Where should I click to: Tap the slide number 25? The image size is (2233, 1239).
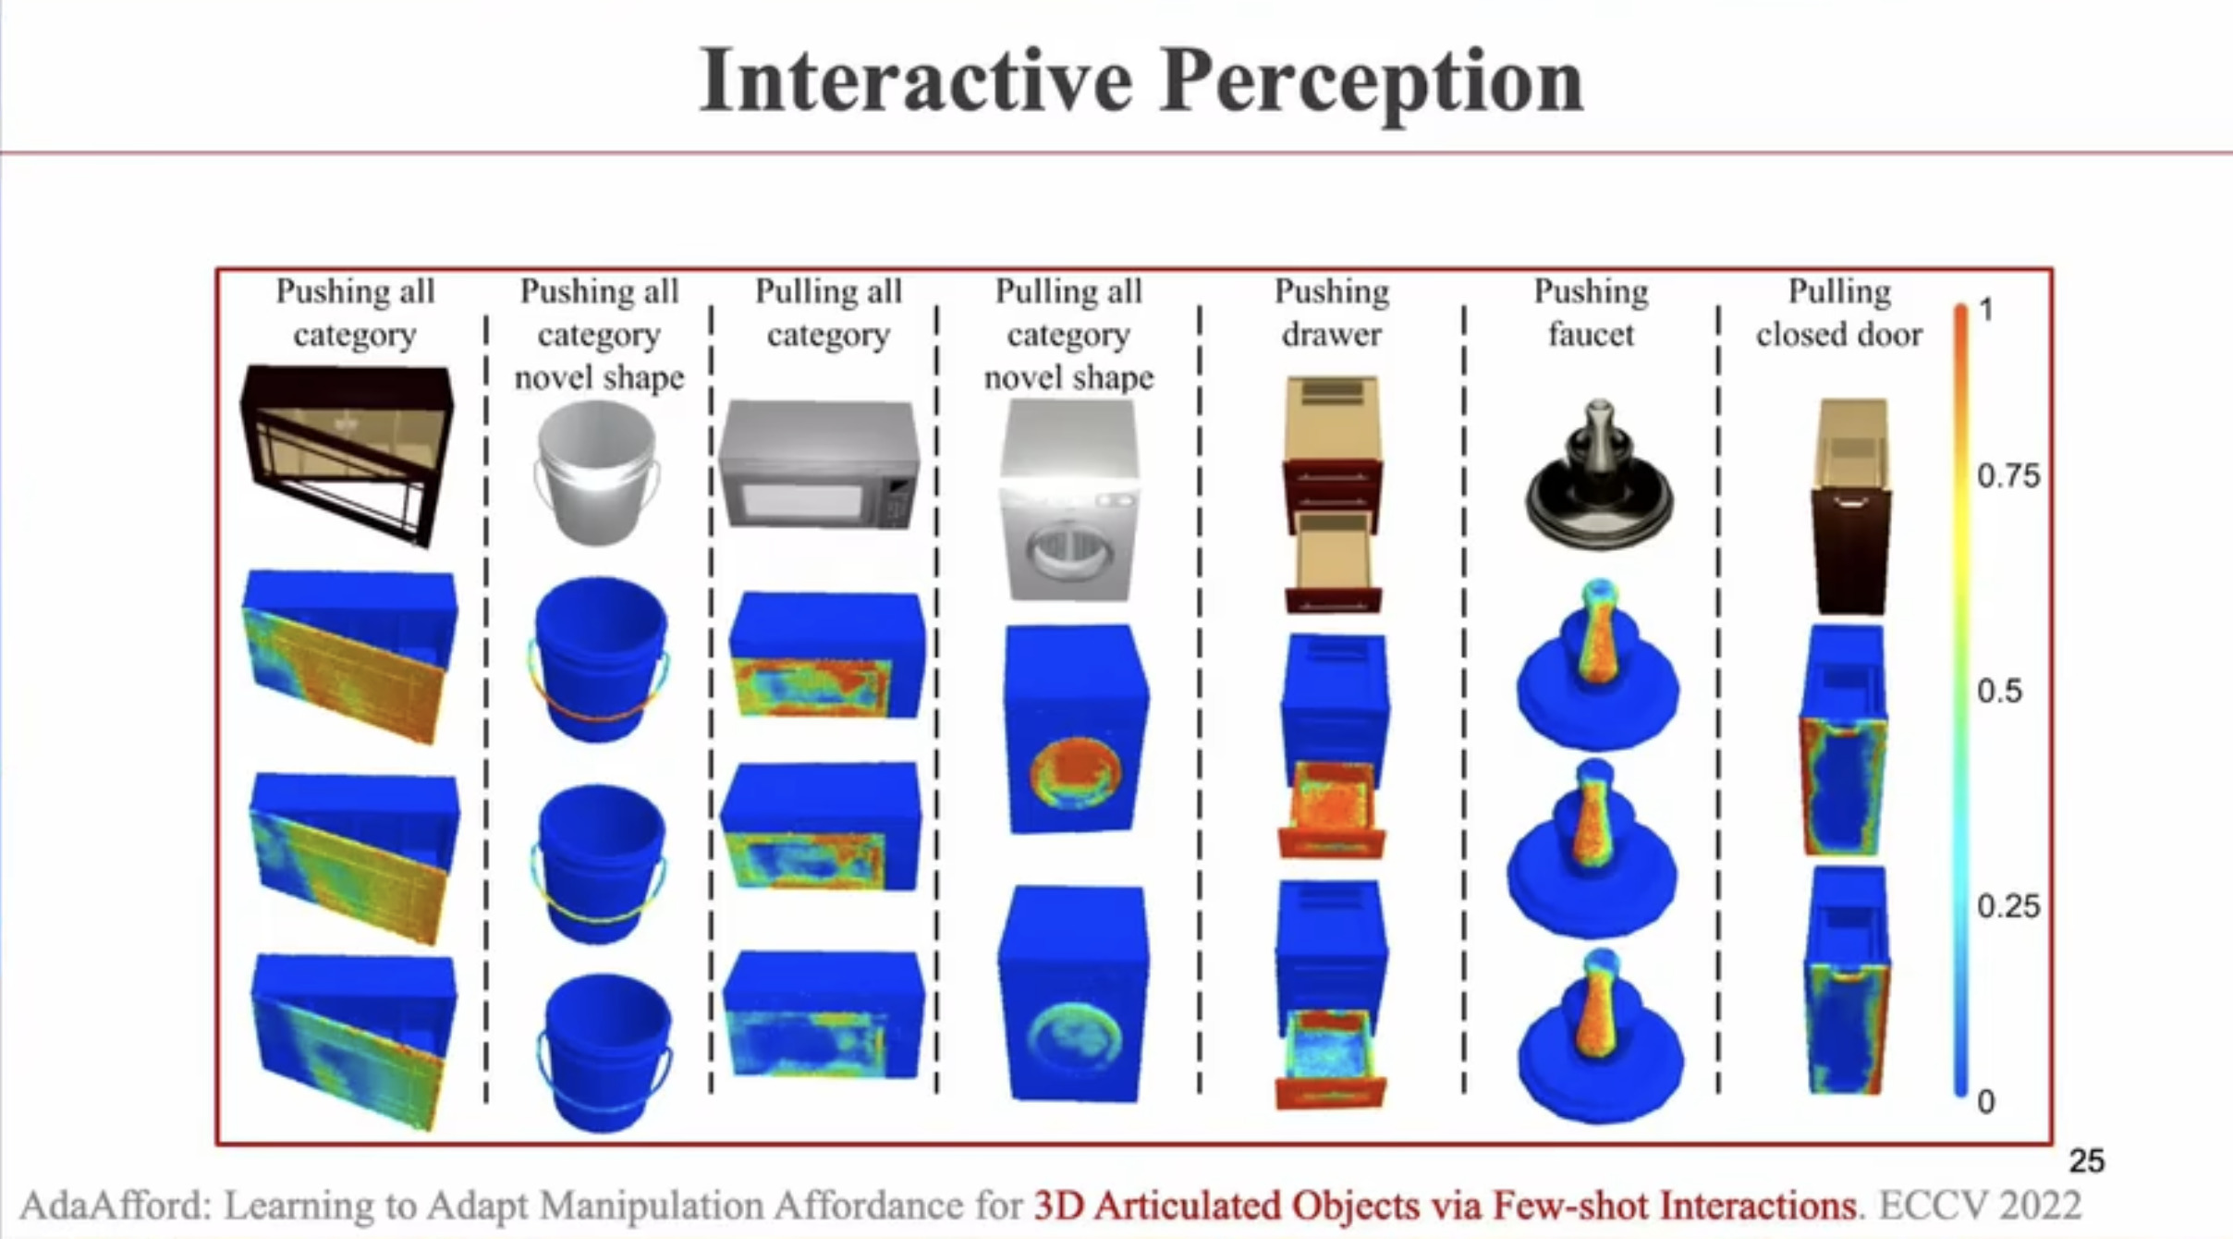point(2086,1160)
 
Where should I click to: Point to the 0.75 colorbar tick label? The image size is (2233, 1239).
point(2008,476)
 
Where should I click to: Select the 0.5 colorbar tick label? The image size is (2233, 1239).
point(1999,691)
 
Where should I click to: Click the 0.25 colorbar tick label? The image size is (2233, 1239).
point(2008,905)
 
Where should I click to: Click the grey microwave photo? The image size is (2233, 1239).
point(820,464)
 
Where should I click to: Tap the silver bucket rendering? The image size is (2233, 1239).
point(598,472)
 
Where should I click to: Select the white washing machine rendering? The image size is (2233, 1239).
point(1070,500)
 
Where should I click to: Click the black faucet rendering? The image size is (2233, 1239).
point(1598,475)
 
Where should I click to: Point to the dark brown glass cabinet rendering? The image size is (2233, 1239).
point(348,455)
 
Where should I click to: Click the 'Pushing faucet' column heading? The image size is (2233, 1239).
point(1591,313)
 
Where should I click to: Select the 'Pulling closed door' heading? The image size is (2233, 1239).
point(1838,313)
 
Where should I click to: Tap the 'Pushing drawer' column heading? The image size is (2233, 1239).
point(1331,313)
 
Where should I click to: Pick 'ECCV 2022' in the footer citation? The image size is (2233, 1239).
point(1980,1205)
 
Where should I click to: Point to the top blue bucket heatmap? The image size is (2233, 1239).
point(600,658)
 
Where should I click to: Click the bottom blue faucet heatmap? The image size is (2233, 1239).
point(1598,1036)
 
